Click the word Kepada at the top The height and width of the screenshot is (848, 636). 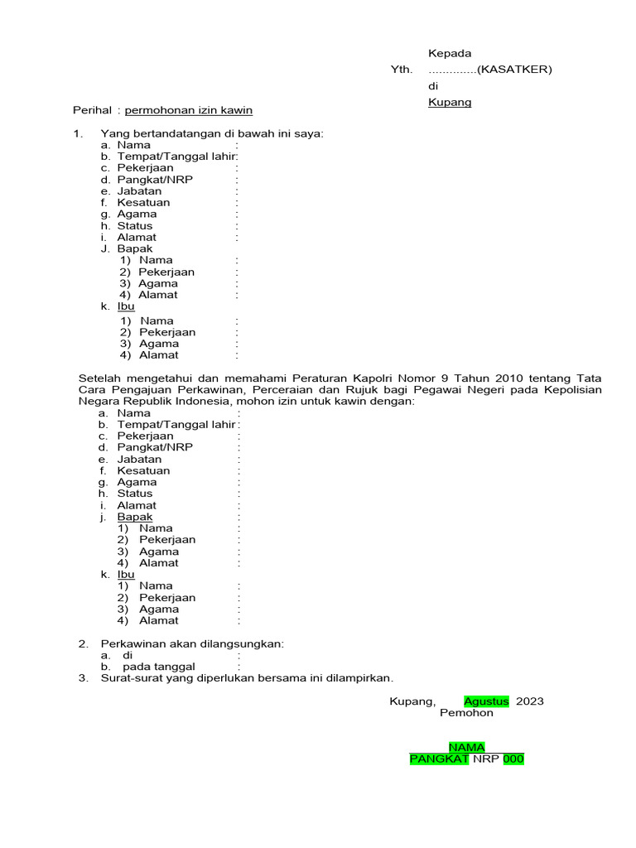(449, 54)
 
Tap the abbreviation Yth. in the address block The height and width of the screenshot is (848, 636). (401, 70)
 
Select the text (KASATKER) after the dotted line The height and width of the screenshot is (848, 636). (514, 70)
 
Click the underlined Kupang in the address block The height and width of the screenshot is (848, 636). (449, 103)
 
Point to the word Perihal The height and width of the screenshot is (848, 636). (91, 110)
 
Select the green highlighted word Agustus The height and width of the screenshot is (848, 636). (487, 701)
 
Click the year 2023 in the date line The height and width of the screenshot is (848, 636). (530, 701)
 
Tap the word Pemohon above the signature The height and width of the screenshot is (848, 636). (466, 713)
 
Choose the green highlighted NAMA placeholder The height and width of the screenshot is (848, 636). (466, 748)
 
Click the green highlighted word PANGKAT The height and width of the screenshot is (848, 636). (440, 759)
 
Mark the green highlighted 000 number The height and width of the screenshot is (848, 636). (513, 759)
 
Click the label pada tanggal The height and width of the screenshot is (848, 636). (159, 667)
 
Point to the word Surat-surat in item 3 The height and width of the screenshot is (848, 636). (130, 678)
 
